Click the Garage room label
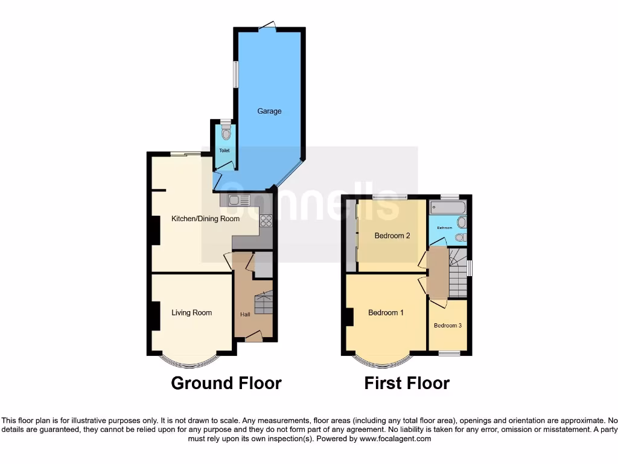[269, 111]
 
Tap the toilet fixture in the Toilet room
[226, 133]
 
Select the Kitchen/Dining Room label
[205, 219]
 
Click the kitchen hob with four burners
[266, 221]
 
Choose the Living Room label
[191, 312]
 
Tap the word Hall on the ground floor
[246, 314]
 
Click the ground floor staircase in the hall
[263, 302]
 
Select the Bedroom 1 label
[386, 312]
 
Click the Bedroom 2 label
[392, 236]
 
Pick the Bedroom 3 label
[448, 325]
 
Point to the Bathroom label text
[445, 228]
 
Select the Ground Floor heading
[226, 383]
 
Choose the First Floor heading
[407, 383]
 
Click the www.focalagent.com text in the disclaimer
[395, 439]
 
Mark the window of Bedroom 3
[448, 353]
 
